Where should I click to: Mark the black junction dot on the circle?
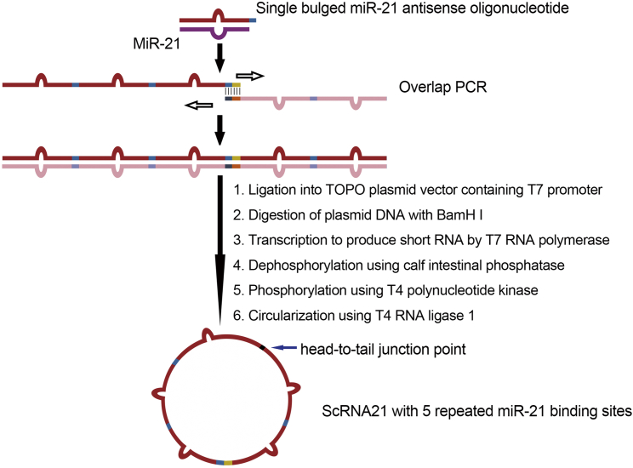click(x=262, y=347)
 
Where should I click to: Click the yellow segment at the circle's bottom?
click(x=228, y=462)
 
